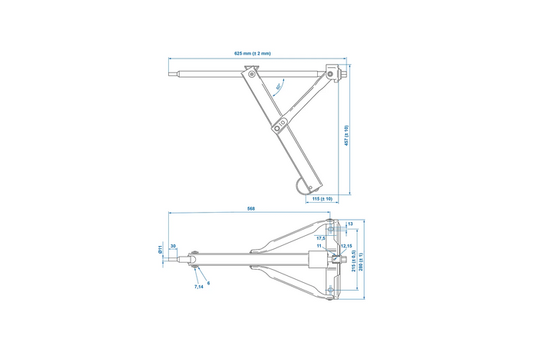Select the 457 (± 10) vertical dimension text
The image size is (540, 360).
coord(346,135)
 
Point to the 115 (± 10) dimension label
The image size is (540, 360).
coord(322,199)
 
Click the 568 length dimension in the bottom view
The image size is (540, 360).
coord(251,209)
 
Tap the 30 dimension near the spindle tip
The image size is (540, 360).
coord(173,247)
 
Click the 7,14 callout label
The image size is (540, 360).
coord(198,287)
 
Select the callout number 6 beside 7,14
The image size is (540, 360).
coord(208,282)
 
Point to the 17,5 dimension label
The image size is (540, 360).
coord(320,238)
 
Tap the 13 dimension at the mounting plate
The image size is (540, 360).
coord(350,224)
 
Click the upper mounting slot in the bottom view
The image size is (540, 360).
coord(330,226)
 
